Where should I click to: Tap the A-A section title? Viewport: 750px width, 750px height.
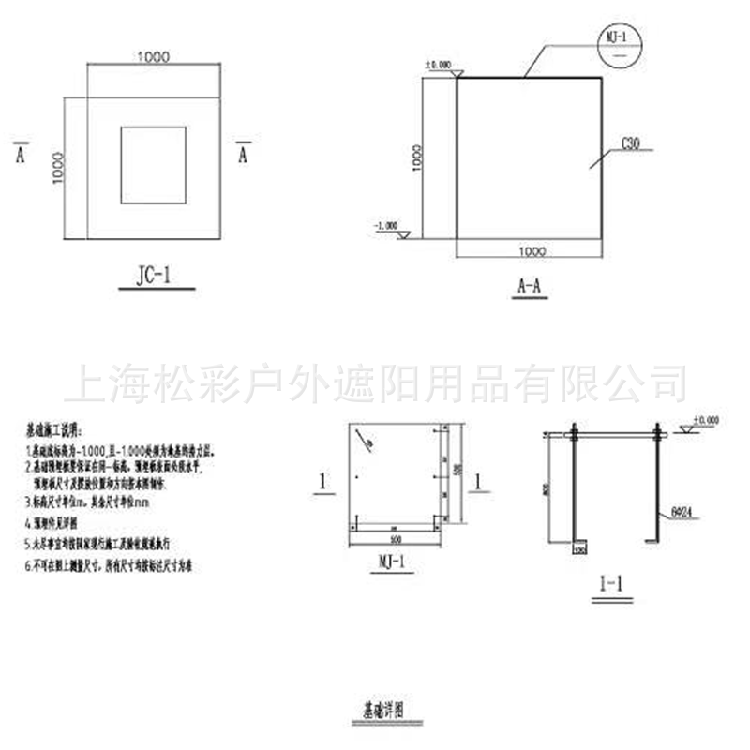[x=531, y=287]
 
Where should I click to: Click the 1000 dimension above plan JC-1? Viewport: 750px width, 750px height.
[x=153, y=57]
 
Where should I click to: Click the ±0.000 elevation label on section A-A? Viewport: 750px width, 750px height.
[x=439, y=65]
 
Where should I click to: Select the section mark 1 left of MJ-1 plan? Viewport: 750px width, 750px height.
[x=322, y=482]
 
